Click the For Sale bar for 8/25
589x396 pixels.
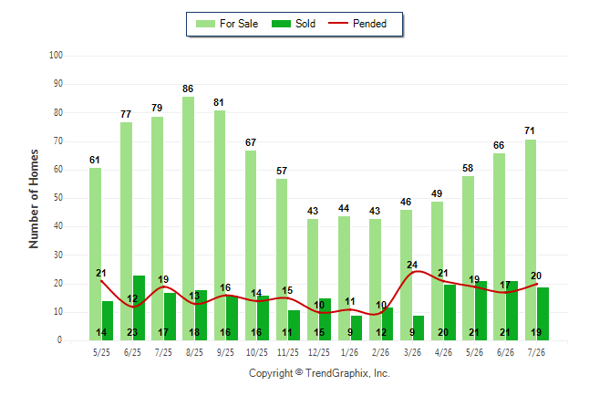point(188,218)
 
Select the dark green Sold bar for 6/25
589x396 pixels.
point(139,308)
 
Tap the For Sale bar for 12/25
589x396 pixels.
point(313,280)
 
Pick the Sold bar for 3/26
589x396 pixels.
point(418,328)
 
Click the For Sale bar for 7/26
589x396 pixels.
point(531,240)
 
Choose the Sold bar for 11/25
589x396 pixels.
point(294,326)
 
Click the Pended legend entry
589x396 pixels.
point(357,24)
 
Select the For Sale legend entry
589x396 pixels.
point(227,24)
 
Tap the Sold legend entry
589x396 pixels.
point(294,24)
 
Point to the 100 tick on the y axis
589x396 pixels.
point(56,56)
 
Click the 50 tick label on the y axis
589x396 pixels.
point(57,198)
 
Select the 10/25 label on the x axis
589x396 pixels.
point(256,352)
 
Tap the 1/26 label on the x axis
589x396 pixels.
point(350,352)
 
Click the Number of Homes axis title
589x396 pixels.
point(34,199)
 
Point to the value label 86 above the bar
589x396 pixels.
point(188,89)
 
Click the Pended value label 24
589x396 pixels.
point(412,265)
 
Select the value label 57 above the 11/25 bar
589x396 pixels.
point(282,171)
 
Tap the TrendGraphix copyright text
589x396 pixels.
point(319,373)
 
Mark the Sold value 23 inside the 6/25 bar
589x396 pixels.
point(132,332)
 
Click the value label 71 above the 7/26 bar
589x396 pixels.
point(530,130)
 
